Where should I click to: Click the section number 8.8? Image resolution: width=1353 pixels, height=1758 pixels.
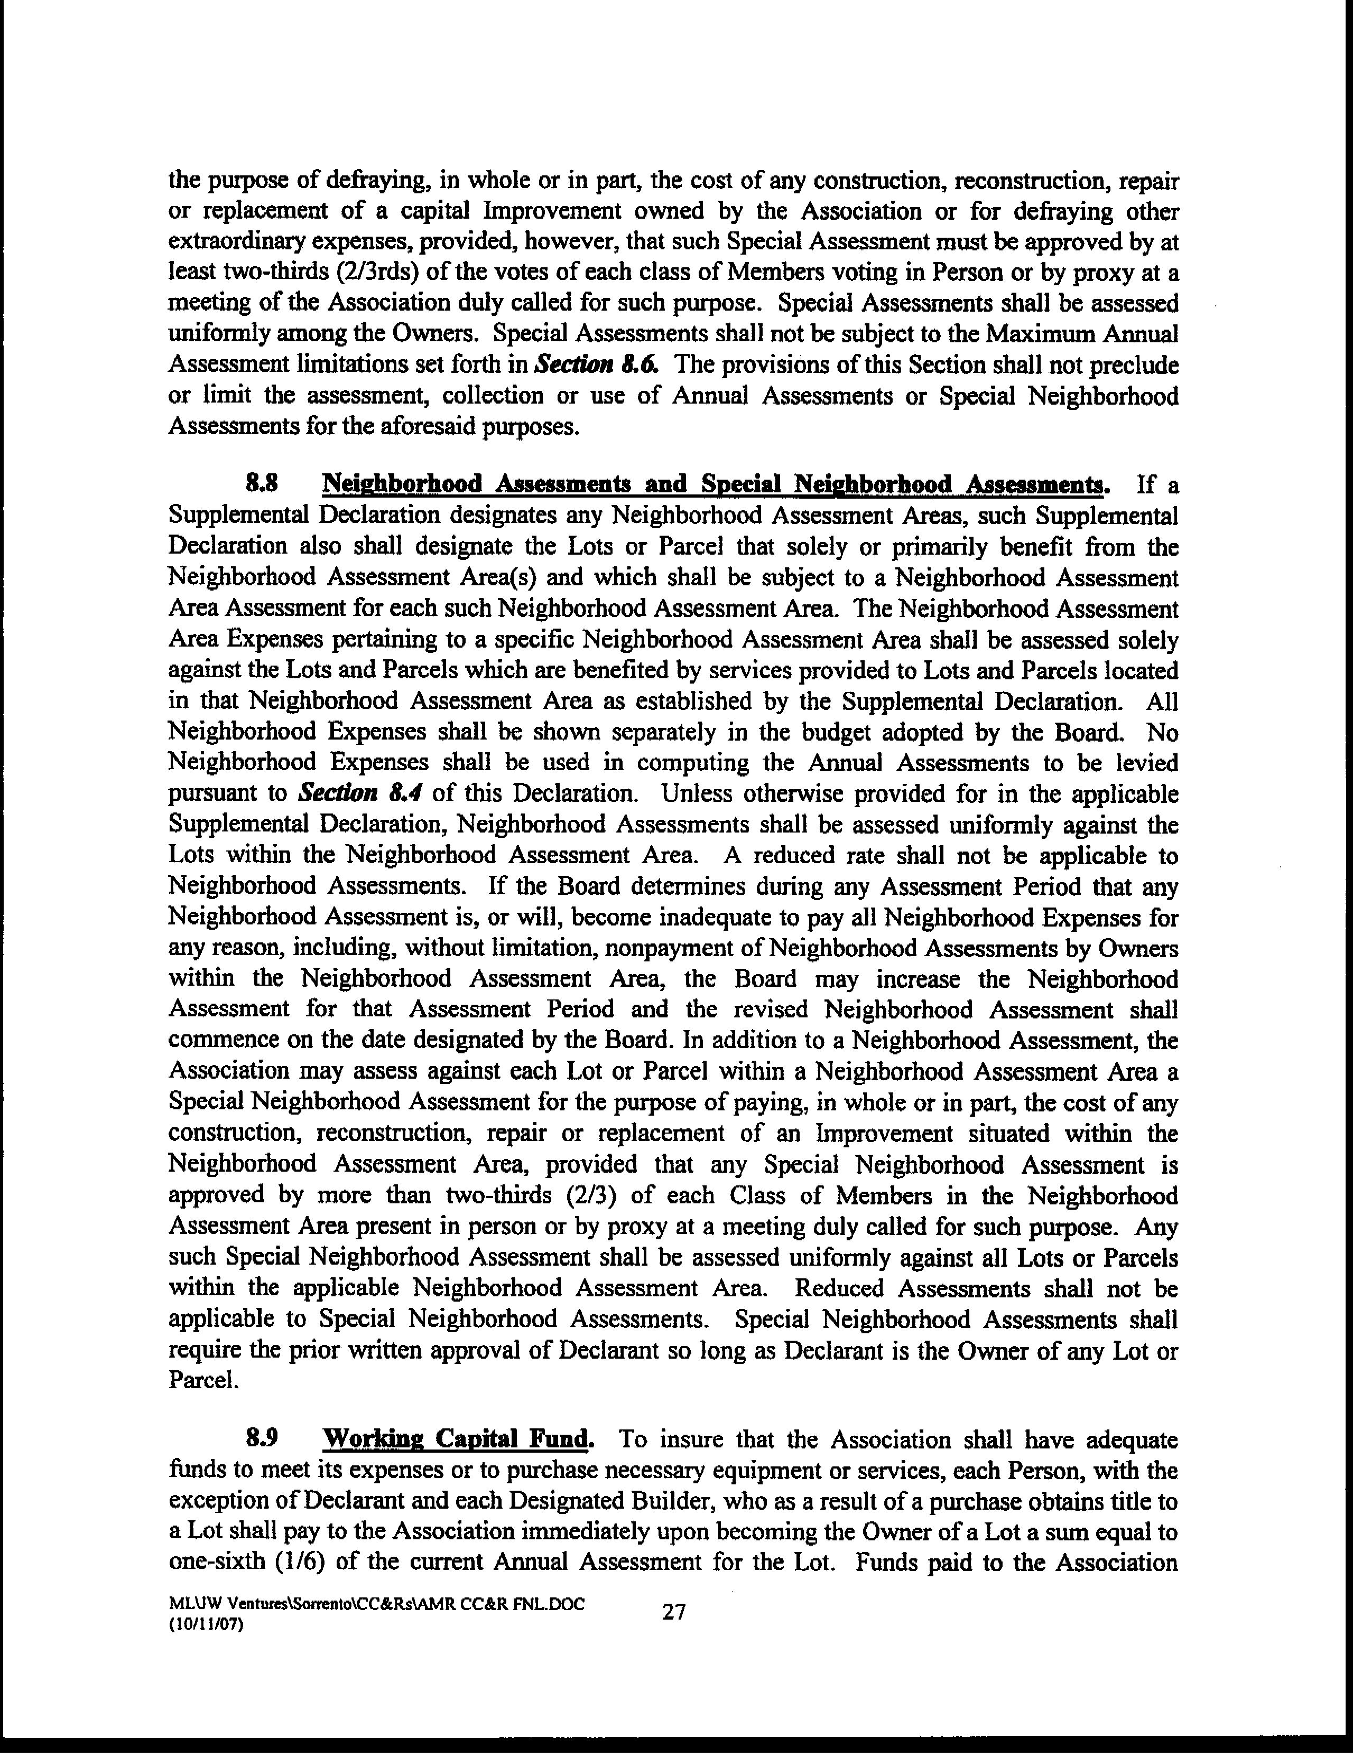pos(263,484)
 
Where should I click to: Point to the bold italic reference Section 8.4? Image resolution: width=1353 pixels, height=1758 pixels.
pos(361,793)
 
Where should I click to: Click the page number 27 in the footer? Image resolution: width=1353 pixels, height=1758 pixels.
pos(673,1612)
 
